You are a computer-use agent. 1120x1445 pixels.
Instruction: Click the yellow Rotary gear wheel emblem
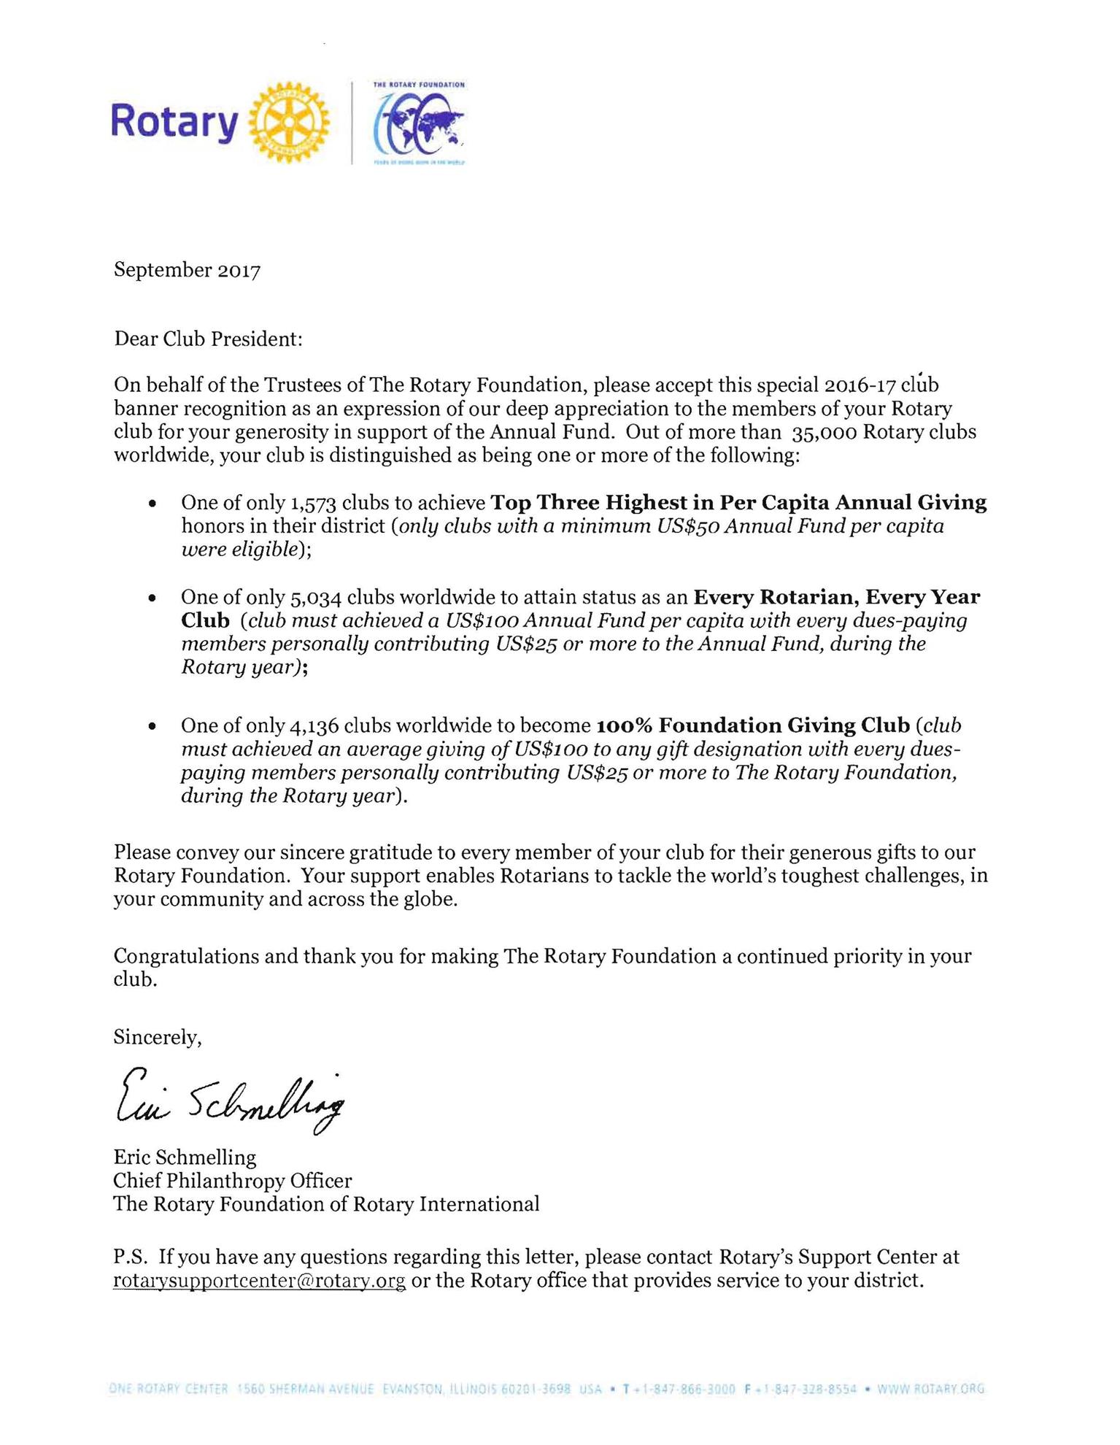tap(289, 122)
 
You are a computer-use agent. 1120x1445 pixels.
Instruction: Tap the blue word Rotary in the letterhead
tap(174, 123)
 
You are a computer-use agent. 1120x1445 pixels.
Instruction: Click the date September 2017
tap(187, 270)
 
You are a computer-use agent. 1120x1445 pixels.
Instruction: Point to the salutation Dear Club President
tap(208, 339)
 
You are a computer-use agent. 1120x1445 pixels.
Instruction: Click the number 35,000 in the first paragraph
tap(823, 433)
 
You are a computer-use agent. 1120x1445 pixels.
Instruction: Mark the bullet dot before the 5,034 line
tap(152, 598)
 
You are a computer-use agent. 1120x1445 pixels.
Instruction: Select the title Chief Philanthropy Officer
tap(232, 1180)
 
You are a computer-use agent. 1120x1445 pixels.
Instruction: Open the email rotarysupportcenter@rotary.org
tap(259, 1281)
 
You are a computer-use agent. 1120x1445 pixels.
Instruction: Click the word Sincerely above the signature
tap(157, 1037)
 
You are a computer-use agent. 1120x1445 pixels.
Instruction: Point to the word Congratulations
tap(186, 956)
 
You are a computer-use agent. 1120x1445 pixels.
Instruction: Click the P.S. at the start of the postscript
tap(131, 1257)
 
